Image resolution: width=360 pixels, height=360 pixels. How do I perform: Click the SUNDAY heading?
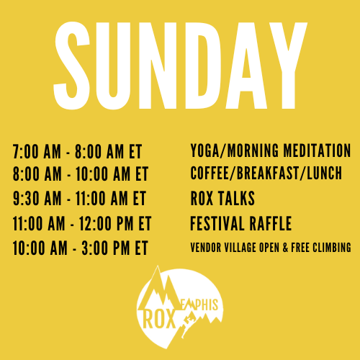(180, 66)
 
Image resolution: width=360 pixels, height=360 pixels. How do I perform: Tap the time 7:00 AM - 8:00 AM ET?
(77, 151)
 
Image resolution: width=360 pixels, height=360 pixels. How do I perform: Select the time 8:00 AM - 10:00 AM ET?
(81, 174)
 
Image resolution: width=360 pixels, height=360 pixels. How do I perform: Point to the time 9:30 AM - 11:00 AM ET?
(79, 198)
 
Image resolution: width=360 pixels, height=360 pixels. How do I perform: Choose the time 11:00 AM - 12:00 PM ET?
(82, 223)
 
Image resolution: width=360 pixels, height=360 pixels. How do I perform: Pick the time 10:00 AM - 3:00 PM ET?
(80, 248)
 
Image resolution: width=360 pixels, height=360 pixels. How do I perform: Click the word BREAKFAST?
(268, 173)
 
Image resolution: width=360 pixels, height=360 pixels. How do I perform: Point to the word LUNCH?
(324, 173)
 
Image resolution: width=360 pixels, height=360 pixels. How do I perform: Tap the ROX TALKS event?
(222, 198)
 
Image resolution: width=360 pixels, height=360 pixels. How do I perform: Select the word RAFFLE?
(271, 223)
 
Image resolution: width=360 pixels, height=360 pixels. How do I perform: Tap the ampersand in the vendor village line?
(285, 248)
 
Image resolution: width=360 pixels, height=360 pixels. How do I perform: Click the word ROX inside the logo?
(159, 319)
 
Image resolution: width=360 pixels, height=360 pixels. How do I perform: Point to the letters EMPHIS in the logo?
(202, 305)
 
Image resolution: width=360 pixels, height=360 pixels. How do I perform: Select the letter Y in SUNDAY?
(288, 66)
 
